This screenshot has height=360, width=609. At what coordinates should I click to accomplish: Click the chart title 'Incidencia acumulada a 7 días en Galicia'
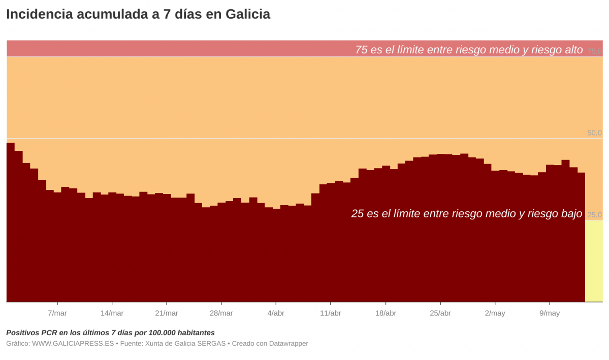[138, 15]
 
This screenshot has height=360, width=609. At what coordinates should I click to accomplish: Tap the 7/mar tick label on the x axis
[57, 313]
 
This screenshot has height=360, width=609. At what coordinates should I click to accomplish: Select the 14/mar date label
[112, 313]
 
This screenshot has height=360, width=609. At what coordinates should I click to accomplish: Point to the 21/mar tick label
[167, 313]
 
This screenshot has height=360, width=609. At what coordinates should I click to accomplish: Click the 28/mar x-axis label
[221, 313]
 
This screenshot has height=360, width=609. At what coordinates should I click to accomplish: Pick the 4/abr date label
[276, 313]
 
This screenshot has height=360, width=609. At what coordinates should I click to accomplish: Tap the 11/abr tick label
[331, 313]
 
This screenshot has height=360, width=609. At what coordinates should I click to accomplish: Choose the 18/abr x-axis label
[386, 313]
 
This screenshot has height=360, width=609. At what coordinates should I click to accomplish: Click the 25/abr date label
[440, 313]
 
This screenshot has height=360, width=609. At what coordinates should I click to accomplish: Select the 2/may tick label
[495, 313]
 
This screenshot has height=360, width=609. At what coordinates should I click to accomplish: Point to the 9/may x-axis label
[550, 313]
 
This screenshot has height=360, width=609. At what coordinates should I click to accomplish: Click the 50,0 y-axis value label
[594, 133]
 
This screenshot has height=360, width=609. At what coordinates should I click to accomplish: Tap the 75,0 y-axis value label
[594, 51]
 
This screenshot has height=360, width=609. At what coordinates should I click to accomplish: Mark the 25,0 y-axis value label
[594, 215]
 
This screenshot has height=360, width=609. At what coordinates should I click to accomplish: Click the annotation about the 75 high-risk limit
[469, 50]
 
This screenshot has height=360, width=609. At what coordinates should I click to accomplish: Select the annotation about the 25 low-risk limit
[466, 214]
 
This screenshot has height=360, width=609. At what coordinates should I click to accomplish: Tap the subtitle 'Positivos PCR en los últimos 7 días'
[110, 333]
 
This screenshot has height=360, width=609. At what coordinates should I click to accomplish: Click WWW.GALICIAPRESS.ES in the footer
[73, 344]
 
